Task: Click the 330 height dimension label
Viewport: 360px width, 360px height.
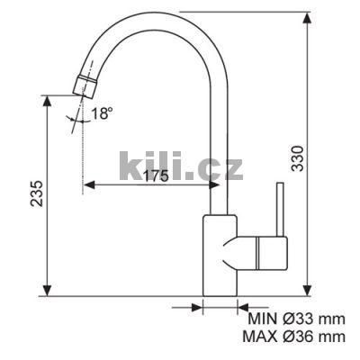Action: tap(298, 158)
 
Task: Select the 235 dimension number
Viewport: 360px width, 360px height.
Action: tap(37, 193)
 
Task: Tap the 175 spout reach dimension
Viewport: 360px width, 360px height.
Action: tap(156, 175)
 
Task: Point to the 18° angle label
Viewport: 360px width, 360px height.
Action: tap(102, 113)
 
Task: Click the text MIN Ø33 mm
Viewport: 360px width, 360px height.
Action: tap(296, 319)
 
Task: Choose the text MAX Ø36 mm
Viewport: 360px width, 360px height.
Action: tap(294, 337)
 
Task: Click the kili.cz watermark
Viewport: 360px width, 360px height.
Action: tap(181, 166)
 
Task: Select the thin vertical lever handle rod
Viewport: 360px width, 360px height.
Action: tap(280, 209)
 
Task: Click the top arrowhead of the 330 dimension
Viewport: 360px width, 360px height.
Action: tap(307, 18)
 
